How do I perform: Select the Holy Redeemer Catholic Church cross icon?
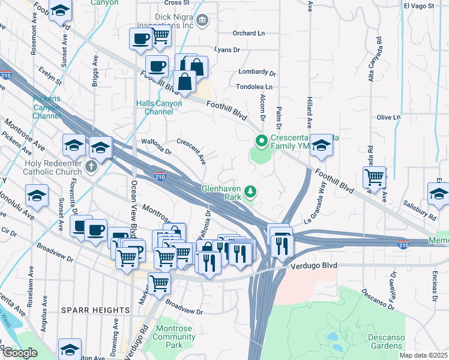click(x=91, y=166)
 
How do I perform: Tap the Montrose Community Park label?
click(x=175, y=337)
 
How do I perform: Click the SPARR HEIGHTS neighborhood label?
click(x=95, y=310)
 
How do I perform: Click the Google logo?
click(x=20, y=352)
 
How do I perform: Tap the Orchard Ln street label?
click(x=249, y=34)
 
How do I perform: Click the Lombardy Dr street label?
click(x=256, y=72)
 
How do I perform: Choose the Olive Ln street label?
click(x=388, y=117)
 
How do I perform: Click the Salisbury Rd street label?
click(x=420, y=209)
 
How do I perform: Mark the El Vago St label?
click(x=418, y=6)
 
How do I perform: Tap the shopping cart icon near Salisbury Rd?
click(x=375, y=176)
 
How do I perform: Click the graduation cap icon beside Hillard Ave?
click(x=321, y=145)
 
